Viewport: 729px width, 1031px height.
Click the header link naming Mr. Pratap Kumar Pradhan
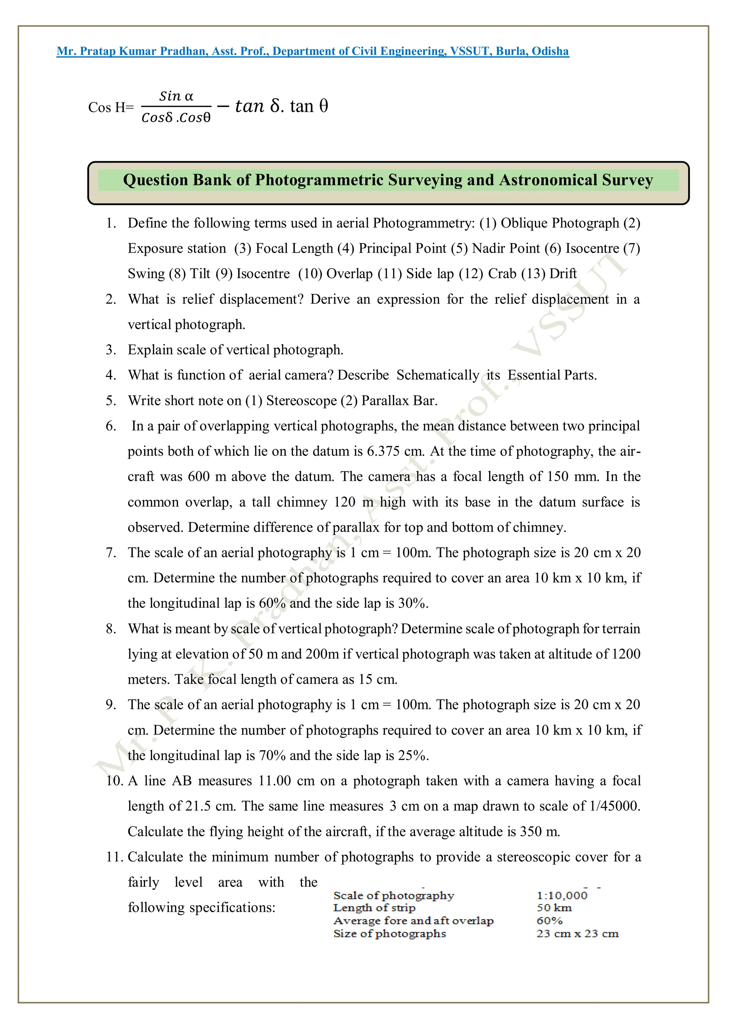[312, 51]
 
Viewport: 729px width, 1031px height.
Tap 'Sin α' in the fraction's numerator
[176, 96]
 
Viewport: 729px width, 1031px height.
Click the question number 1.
[110, 223]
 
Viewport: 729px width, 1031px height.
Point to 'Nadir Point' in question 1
[506, 248]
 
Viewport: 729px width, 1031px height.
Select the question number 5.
[110, 400]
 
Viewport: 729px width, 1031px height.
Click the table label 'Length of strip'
[374, 908]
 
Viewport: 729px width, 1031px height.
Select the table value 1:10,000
[562, 895]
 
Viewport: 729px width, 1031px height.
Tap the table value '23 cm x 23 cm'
[577, 933]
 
